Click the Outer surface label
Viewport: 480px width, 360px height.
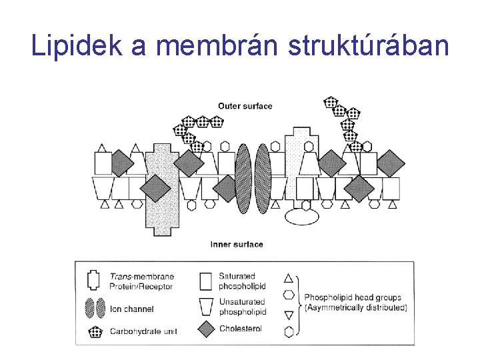(245, 106)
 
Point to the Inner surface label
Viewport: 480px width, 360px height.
(237, 244)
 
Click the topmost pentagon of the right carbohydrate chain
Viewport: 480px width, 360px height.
(331, 102)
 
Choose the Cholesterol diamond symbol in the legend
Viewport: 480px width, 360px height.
(207, 328)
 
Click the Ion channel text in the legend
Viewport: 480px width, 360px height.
(131, 309)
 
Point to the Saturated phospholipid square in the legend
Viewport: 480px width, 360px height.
(207, 281)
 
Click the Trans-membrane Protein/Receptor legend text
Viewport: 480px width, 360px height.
(141, 281)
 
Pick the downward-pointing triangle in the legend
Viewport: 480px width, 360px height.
(289, 314)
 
